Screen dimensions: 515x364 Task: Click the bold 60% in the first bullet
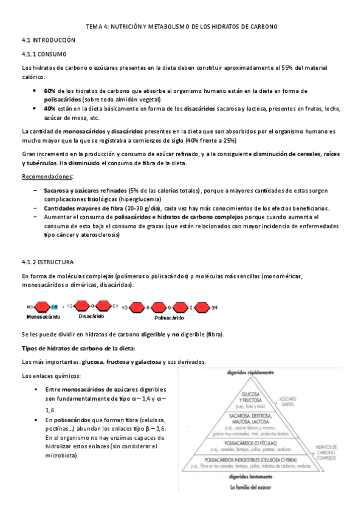[x=49, y=90]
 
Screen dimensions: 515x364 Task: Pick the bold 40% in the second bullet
[x=49, y=109]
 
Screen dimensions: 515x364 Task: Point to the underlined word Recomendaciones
[x=47, y=177]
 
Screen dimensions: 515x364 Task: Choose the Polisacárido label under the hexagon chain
[x=170, y=318]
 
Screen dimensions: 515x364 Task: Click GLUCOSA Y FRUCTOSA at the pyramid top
[x=252, y=395]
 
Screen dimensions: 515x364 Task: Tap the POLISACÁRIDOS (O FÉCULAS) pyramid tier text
[x=252, y=443]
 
